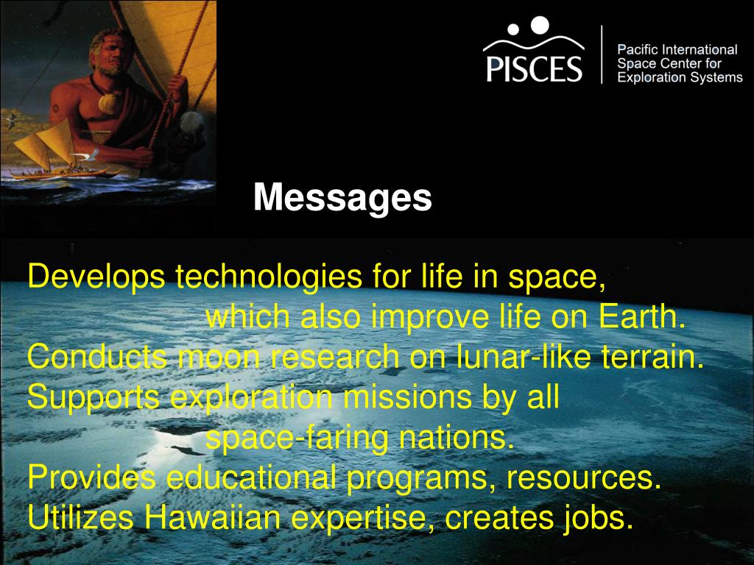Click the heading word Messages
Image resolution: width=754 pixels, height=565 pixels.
click(342, 198)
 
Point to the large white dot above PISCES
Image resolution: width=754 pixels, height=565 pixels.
click(540, 26)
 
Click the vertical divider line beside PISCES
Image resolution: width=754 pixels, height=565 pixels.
click(602, 54)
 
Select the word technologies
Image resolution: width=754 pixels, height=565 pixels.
click(269, 277)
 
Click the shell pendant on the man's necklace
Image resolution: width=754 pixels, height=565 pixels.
click(108, 103)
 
